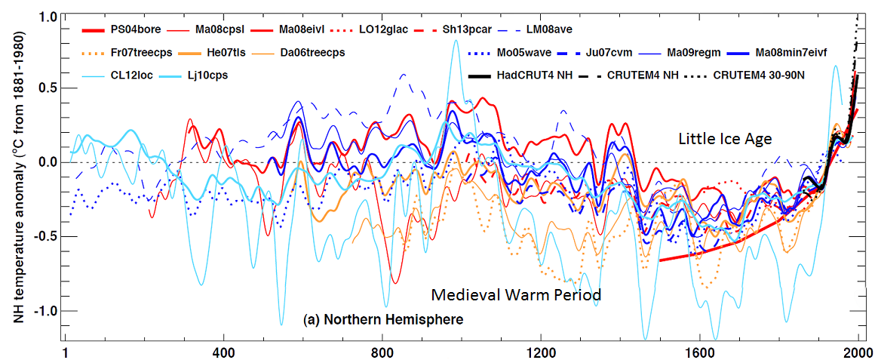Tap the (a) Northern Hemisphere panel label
(382, 320)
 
